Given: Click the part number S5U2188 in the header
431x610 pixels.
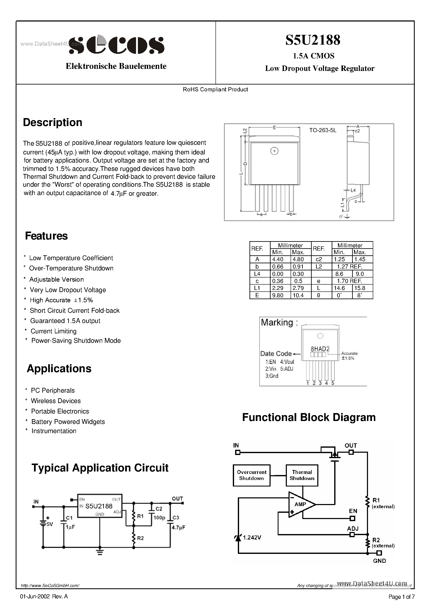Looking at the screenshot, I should [x=313, y=40].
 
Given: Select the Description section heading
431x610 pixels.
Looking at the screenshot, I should [x=53, y=122].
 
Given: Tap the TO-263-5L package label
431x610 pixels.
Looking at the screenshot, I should [x=323, y=130].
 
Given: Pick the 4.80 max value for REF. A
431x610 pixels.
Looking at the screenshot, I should [x=298, y=259].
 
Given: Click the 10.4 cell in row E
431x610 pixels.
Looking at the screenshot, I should [x=298, y=295].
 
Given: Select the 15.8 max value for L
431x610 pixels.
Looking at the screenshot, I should [x=360, y=288].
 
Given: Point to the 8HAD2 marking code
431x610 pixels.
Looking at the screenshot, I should [x=320, y=349].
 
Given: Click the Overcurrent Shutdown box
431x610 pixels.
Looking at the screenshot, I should [x=251, y=475].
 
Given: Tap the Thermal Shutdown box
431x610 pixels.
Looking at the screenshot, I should [x=302, y=475].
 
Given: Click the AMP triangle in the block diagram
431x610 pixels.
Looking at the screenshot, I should [x=300, y=504].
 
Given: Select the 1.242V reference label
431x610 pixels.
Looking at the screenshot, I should [x=252, y=537].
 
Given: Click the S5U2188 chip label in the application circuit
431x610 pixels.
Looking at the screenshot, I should [x=99, y=506].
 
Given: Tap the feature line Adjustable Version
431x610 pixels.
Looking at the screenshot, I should [x=56, y=280].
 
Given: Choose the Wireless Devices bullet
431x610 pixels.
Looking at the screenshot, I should [x=56, y=401].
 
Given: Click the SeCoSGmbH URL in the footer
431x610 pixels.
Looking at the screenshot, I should [x=50, y=586].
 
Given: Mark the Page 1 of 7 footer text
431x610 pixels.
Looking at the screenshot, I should [x=401, y=597].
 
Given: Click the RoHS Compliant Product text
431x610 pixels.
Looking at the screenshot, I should [x=215, y=89].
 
